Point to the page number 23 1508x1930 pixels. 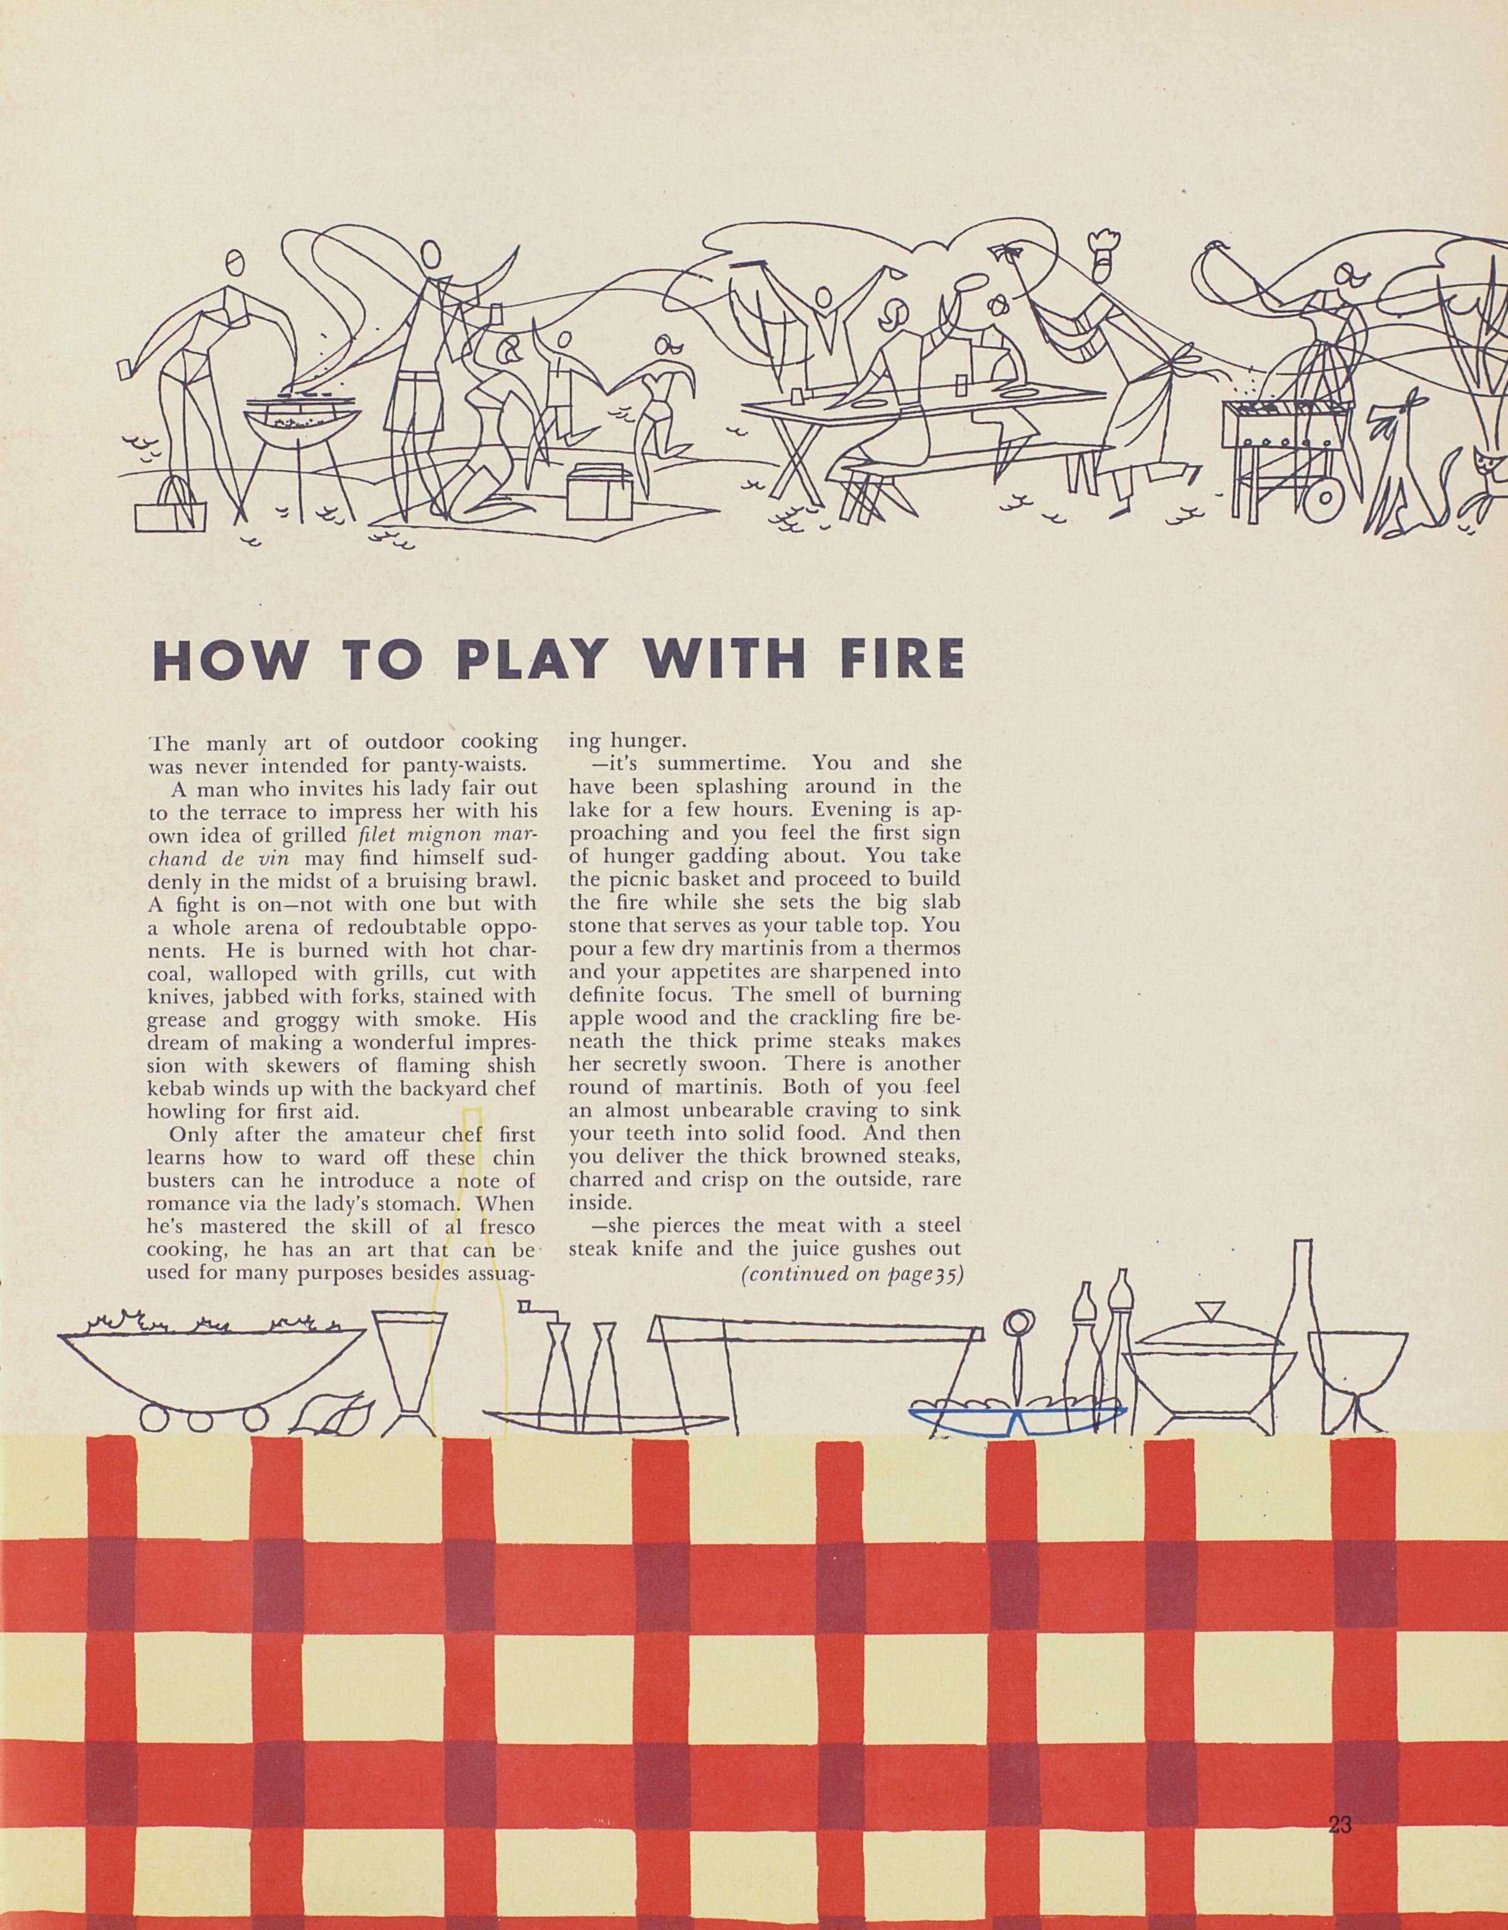point(1339,1751)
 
